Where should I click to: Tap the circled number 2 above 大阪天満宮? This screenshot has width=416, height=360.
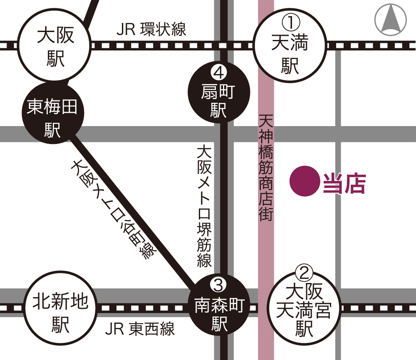304,273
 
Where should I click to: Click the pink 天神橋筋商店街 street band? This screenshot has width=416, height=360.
266,250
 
